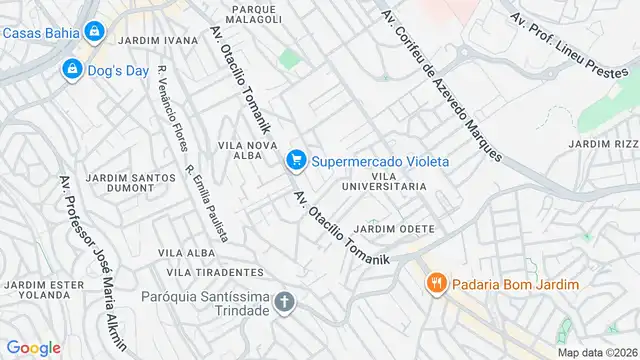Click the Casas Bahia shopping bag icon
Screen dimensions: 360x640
coord(93,32)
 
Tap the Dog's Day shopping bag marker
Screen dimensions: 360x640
coord(72,70)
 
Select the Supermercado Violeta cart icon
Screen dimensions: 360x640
coord(295,160)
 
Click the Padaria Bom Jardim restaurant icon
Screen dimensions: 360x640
coord(436,284)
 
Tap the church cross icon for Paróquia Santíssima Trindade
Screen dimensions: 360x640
coord(285,302)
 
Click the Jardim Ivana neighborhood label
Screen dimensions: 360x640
coord(157,41)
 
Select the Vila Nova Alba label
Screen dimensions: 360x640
coord(247,151)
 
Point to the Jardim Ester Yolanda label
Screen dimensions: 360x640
coord(44,290)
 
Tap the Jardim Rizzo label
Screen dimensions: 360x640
coord(604,144)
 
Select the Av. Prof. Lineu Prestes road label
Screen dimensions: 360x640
coord(573,44)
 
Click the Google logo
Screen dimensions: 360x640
coord(33,347)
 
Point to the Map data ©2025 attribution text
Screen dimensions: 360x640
coord(597,352)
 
